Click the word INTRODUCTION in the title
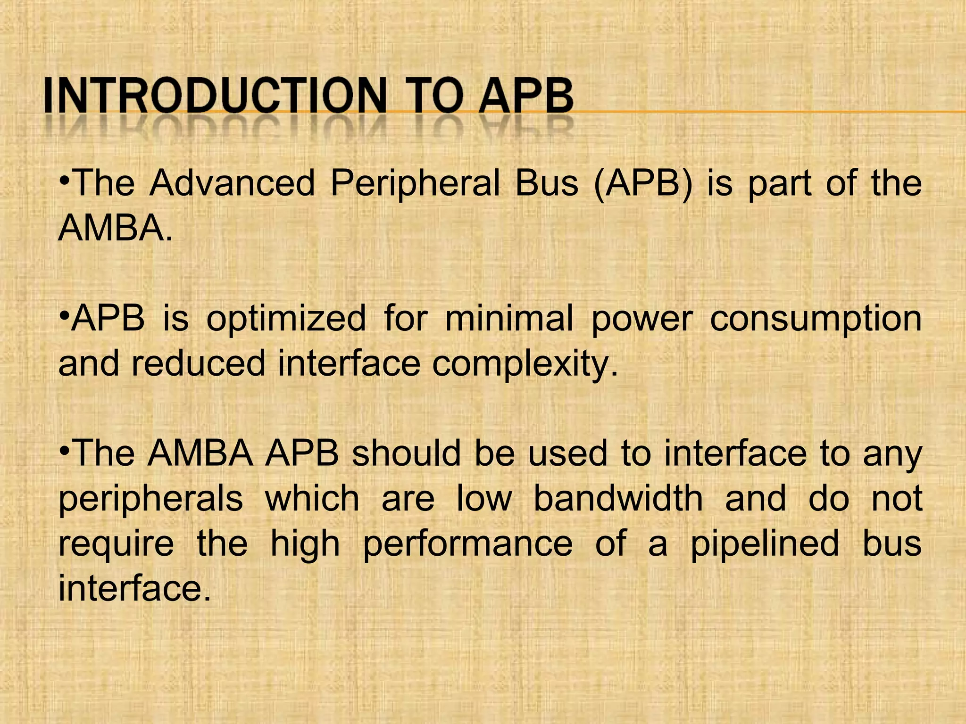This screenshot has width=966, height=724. pyautogui.click(x=215, y=96)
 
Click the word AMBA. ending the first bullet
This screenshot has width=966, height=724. pyautogui.click(x=115, y=228)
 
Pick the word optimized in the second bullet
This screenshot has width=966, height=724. pyautogui.click(x=286, y=319)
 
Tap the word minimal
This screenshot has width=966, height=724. pyautogui.click(x=509, y=319)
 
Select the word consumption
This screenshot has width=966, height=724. pyautogui.click(x=816, y=319)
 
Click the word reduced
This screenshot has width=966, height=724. pyautogui.click(x=199, y=363)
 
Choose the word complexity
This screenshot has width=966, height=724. pyautogui.click(x=525, y=363)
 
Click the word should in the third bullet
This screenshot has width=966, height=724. pyautogui.click(x=406, y=453)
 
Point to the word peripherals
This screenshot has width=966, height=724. pyautogui.click(x=150, y=499)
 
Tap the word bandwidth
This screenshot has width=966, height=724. pyautogui.click(x=618, y=499)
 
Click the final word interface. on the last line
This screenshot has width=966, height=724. pyautogui.click(x=134, y=589)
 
